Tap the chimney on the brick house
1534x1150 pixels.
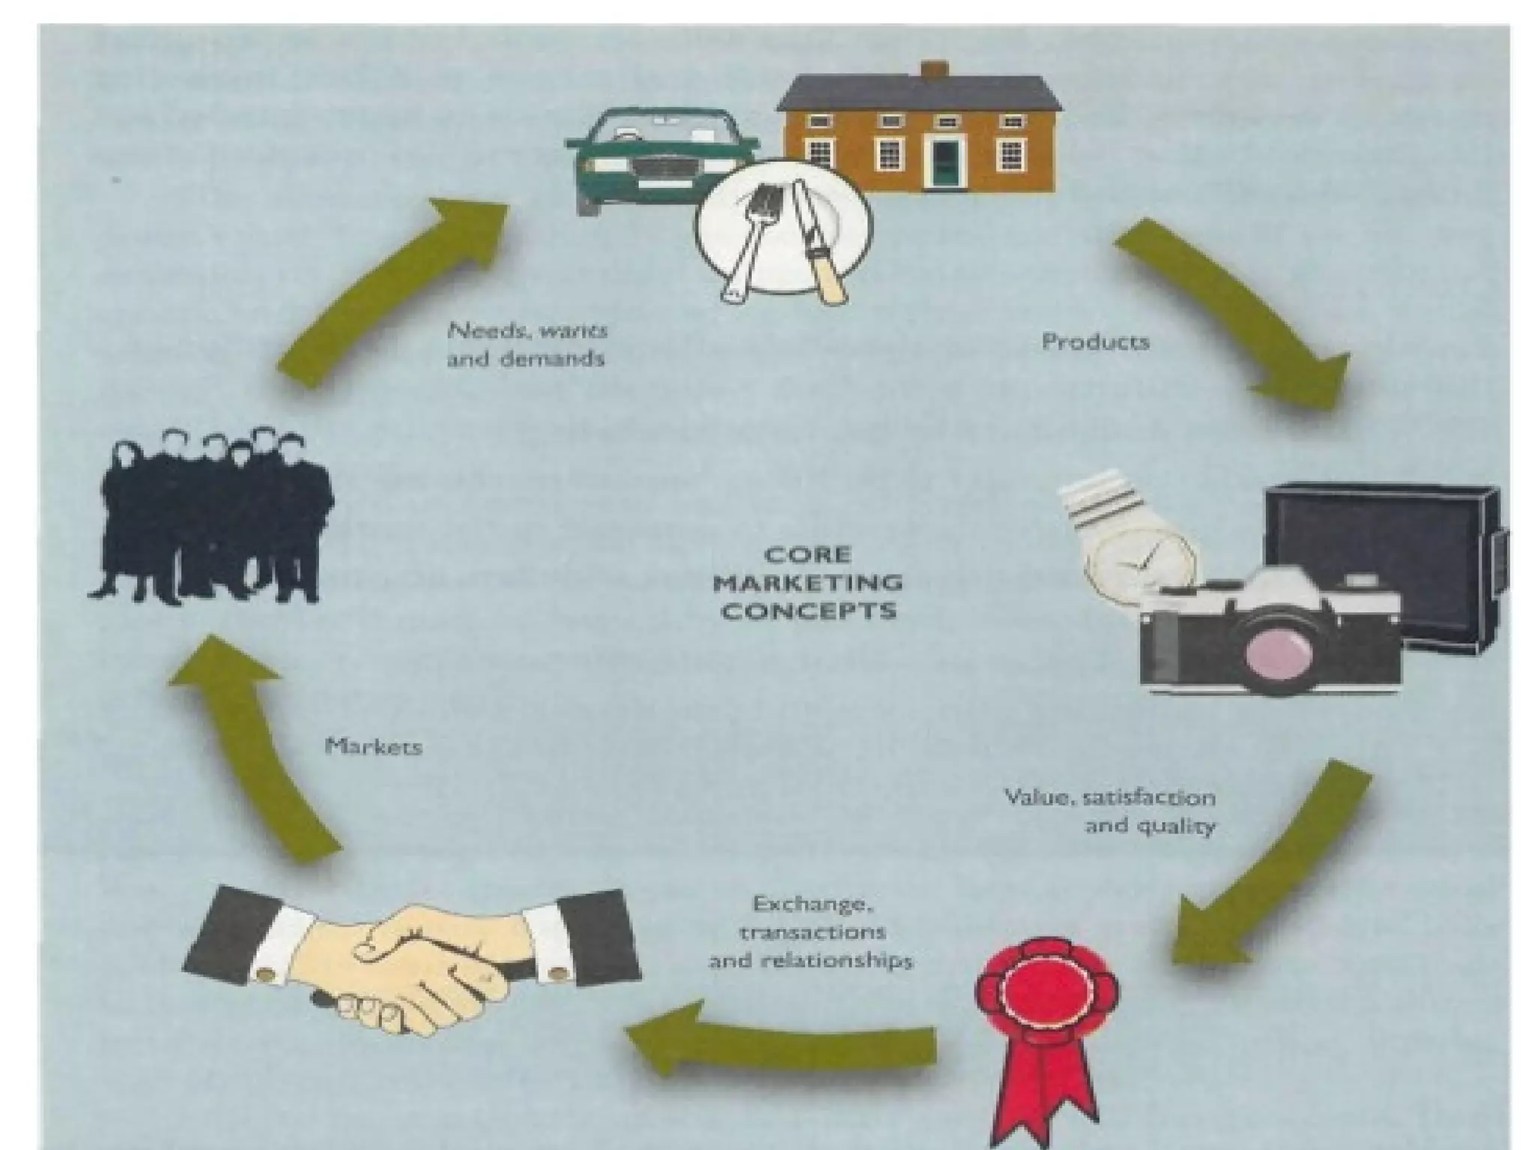pyautogui.click(x=934, y=70)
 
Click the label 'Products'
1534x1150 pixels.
pyautogui.click(x=1095, y=342)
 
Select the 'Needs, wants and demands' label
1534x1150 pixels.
pyautogui.click(x=527, y=345)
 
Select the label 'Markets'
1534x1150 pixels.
pyautogui.click(x=374, y=747)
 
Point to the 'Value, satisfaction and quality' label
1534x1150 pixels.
pyautogui.click(x=1110, y=811)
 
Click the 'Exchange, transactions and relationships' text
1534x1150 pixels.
pyautogui.click(x=810, y=933)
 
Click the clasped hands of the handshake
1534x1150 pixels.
pyautogui.click(x=419, y=966)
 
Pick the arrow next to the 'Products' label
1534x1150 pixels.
pyautogui.click(x=1236, y=315)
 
